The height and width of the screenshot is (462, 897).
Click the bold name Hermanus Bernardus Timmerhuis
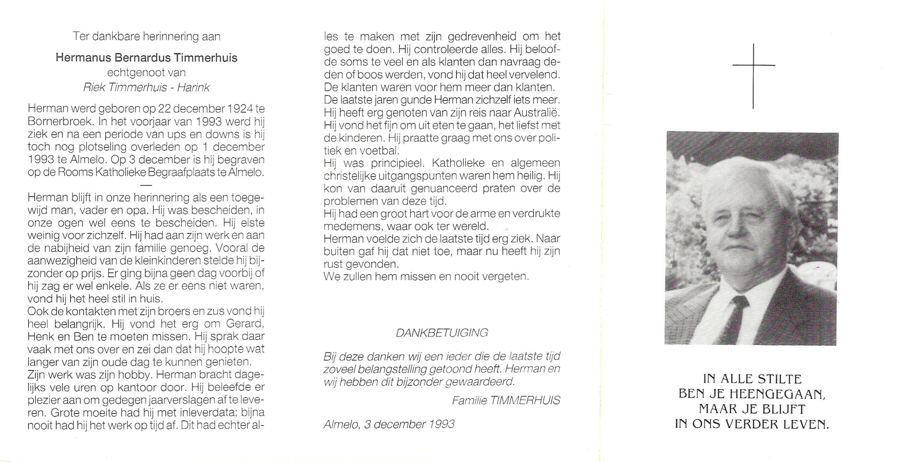(146, 58)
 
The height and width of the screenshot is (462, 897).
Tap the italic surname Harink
(194, 88)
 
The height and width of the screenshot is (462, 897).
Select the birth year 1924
(240, 109)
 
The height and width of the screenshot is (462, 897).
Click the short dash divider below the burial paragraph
(146, 185)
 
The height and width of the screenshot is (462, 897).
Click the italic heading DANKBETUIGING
(442, 333)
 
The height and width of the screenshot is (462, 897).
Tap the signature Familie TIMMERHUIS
(506, 401)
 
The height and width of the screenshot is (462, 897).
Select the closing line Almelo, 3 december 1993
(389, 424)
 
